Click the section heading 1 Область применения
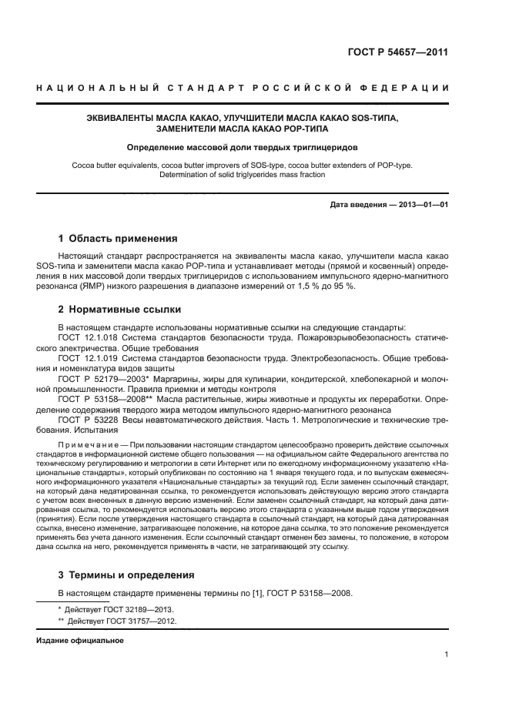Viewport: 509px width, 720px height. (118, 238)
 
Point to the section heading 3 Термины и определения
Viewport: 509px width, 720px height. (126, 574)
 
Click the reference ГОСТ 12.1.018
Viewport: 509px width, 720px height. (85, 338)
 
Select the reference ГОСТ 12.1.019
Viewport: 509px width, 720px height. (85, 358)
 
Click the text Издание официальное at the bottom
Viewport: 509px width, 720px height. (80, 641)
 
